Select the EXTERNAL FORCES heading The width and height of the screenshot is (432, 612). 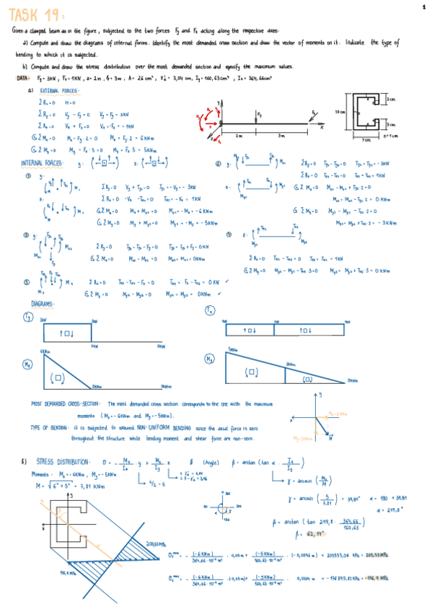click(x=59, y=91)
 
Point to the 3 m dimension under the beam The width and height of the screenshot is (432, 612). click(x=283, y=135)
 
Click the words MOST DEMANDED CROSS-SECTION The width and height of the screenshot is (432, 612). click(x=65, y=404)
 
